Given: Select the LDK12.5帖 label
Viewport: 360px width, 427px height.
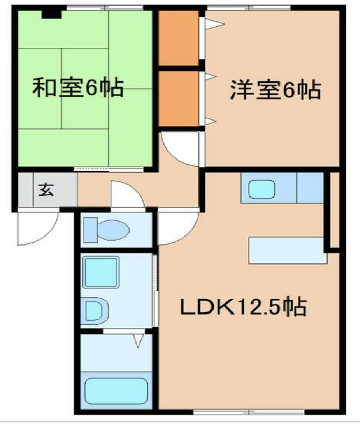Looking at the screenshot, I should (x=243, y=308).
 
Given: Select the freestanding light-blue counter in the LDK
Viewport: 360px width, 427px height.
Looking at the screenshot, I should (x=287, y=250).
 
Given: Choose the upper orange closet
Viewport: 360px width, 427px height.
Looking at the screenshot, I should (x=178, y=38).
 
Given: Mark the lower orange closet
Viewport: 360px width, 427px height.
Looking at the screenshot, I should (x=178, y=99).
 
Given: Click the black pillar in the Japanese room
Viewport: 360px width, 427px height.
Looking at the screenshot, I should (x=51, y=13).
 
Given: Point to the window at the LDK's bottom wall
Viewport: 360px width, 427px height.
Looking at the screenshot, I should (x=248, y=412).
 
